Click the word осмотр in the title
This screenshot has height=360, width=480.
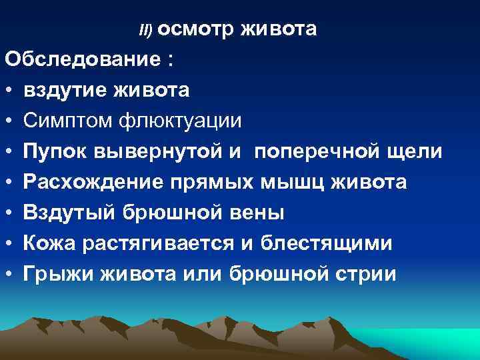pyautogui.click(x=195, y=29)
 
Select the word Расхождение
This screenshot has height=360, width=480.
pyautogui.click(x=91, y=182)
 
